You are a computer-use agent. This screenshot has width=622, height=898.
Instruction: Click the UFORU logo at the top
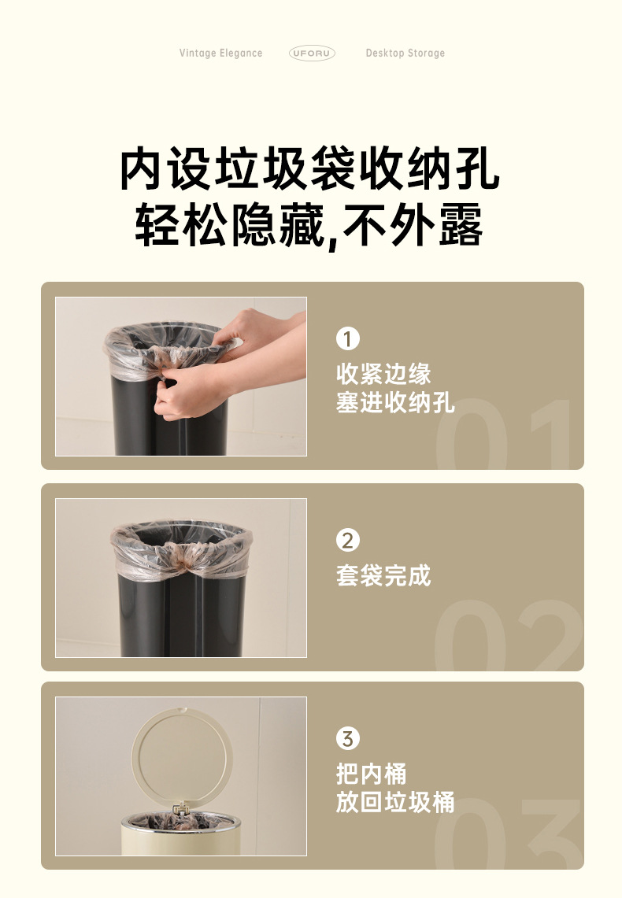pyautogui.click(x=312, y=53)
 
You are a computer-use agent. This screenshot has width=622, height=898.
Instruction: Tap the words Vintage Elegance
pyautogui.click(x=220, y=54)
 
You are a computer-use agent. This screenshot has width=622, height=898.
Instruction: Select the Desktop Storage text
pyautogui.click(x=405, y=54)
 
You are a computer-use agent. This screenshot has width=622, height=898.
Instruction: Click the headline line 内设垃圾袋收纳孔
pyautogui.click(x=310, y=168)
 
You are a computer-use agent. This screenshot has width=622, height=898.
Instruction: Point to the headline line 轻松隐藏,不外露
pyautogui.click(x=310, y=225)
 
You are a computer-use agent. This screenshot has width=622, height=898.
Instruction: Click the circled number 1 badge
pyautogui.click(x=347, y=339)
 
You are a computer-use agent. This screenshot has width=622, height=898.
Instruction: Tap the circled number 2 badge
pyautogui.click(x=347, y=541)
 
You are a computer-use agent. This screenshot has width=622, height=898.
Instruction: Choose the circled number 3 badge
pyautogui.click(x=347, y=739)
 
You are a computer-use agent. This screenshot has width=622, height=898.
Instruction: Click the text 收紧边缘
pyautogui.click(x=383, y=373)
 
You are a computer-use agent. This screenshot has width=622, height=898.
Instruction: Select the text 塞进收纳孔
pyautogui.click(x=395, y=402)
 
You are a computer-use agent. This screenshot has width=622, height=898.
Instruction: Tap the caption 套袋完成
pyautogui.click(x=383, y=575)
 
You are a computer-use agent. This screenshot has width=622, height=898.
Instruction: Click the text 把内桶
pyautogui.click(x=372, y=773)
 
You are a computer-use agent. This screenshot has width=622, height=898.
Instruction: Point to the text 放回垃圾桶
pyautogui.click(x=395, y=802)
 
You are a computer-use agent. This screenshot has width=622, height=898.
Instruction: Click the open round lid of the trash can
pyautogui.click(x=182, y=756)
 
